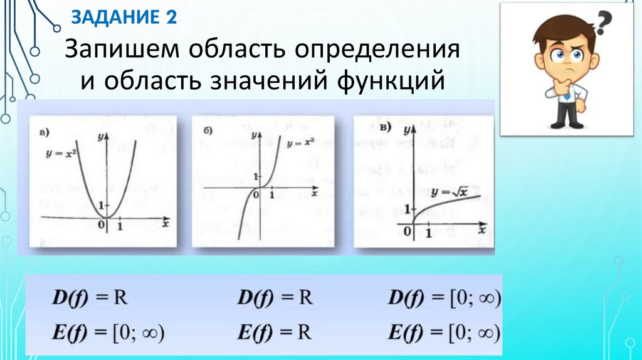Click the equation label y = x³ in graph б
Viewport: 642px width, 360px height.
[299, 143]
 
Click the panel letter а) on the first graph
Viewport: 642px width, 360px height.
[45, 132]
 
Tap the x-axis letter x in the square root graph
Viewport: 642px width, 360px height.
[482, 231]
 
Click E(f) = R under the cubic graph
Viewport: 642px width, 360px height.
[275, 331]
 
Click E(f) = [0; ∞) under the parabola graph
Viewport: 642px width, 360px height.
[107, 331]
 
